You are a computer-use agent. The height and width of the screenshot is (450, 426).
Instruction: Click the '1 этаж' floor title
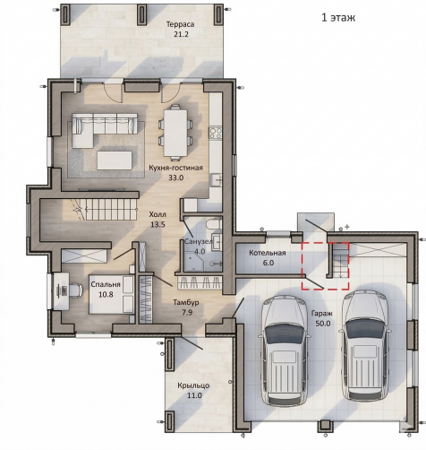point(338,17)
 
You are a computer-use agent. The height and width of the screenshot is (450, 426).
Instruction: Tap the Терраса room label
point(180,24)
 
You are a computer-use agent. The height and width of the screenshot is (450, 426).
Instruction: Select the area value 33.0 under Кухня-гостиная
point(176,177)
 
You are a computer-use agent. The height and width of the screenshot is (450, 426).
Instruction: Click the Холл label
point(158,214)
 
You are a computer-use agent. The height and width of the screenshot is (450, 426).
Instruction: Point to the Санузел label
point(199,242)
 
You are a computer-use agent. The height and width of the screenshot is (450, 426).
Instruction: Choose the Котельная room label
point(268,253)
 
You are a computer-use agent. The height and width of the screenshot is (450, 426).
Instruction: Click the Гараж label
point(322,314)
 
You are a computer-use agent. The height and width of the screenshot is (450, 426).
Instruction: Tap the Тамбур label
point(186,303)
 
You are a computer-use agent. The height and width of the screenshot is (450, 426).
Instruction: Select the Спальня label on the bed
point(106,284)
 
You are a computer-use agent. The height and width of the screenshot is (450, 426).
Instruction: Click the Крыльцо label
point(193,385)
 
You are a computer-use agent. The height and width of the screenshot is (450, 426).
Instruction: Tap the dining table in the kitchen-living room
point(175,133)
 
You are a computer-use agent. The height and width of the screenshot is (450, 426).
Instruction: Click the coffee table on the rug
point(115,160)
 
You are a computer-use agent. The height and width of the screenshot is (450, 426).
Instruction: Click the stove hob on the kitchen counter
point(216,133)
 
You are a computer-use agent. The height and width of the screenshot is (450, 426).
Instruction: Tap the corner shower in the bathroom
point(194,261)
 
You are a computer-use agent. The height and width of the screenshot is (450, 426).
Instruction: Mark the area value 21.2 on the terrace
point(182,34)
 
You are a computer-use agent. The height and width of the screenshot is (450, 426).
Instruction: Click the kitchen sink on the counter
point(216,180)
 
